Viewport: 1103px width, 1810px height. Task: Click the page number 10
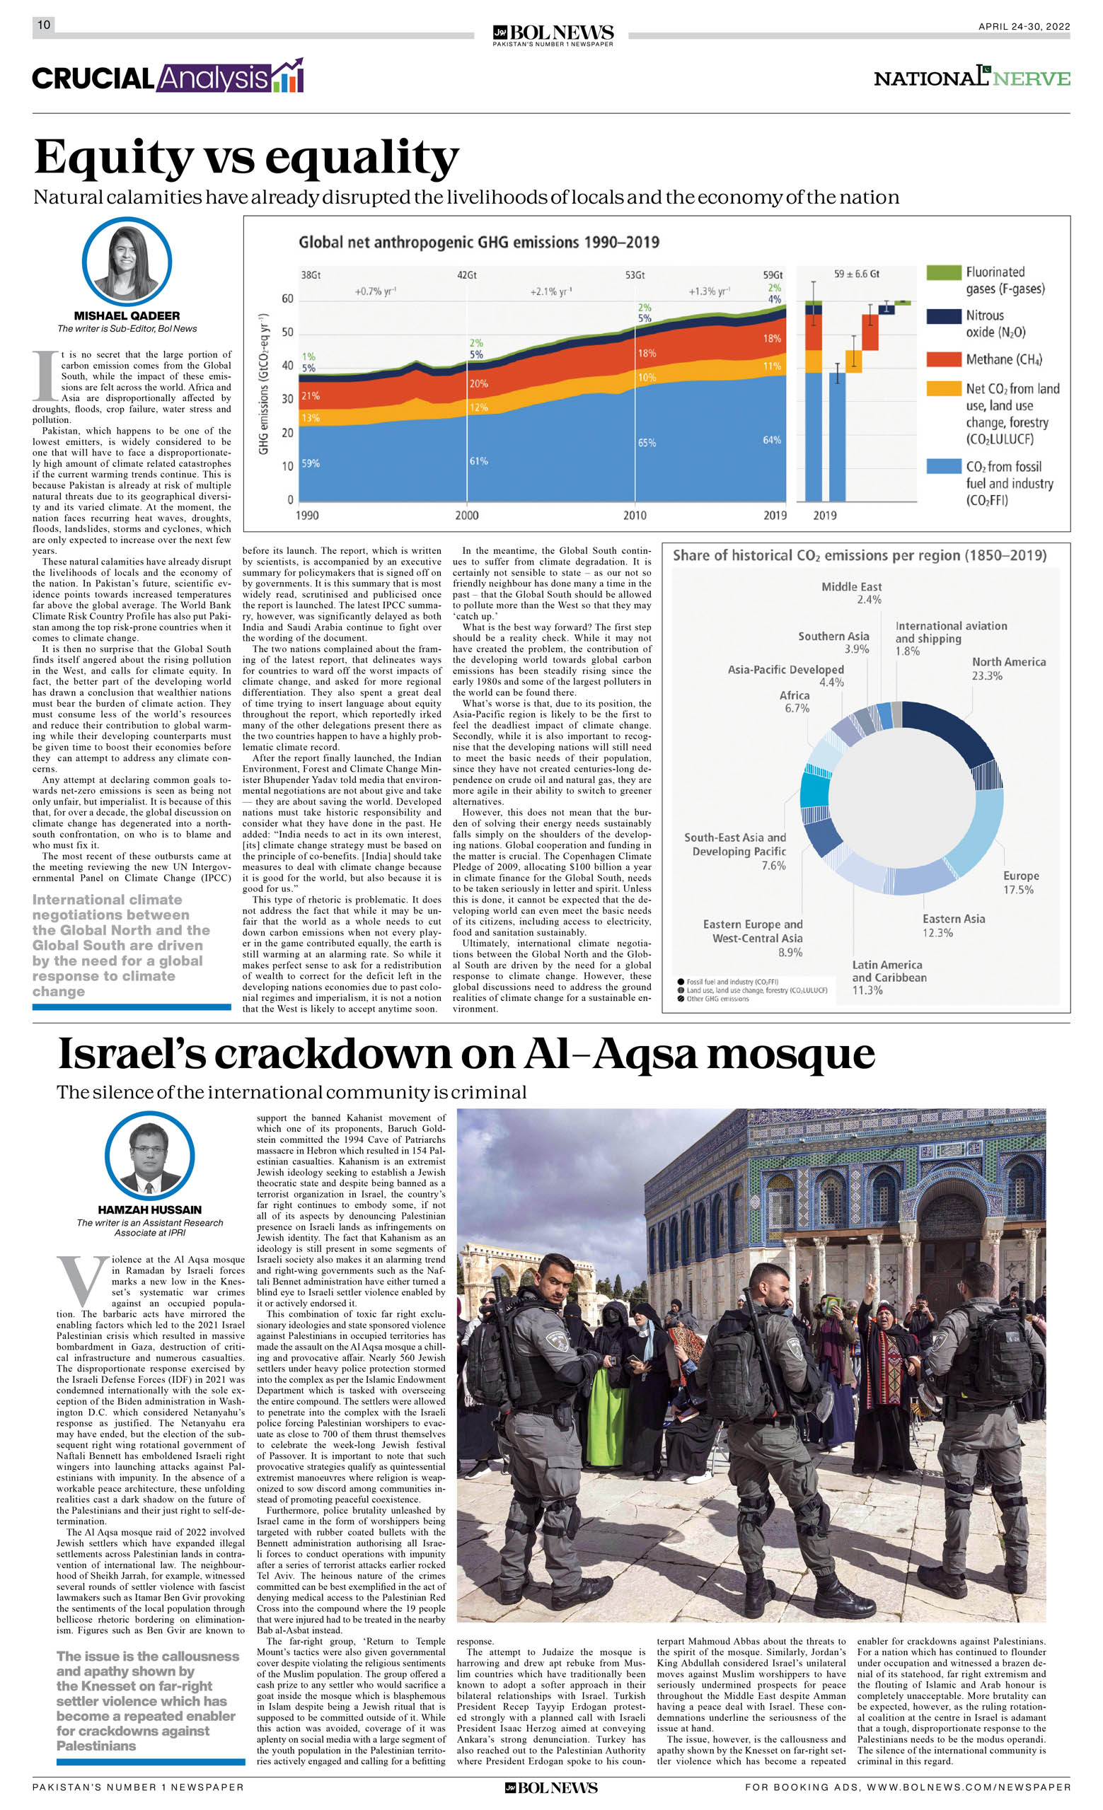pos(44,25)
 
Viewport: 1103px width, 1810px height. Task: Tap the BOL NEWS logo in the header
pos(553,34)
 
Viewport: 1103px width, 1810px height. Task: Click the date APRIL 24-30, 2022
pos(1024,26)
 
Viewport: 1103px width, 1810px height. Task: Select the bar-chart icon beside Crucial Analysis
pos(288,76)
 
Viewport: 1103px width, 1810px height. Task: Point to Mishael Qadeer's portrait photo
pos(127,262)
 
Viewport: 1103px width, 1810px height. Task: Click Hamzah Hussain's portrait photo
pos(150,1156)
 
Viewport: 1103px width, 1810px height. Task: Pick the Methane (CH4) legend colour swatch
pos(944,359)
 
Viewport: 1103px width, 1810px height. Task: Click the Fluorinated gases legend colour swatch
pos(944,272)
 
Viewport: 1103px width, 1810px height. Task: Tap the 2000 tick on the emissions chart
pos(467,516)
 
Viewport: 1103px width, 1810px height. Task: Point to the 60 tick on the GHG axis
pos(287,299)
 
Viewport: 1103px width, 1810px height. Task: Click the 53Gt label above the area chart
pos(635,274)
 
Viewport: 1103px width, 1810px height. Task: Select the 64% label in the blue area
pos(772,440)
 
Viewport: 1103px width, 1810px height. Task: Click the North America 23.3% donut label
pos(1008,668)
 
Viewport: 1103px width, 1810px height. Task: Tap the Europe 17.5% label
pos(1021,882)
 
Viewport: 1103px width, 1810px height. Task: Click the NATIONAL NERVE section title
pos(971,78)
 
